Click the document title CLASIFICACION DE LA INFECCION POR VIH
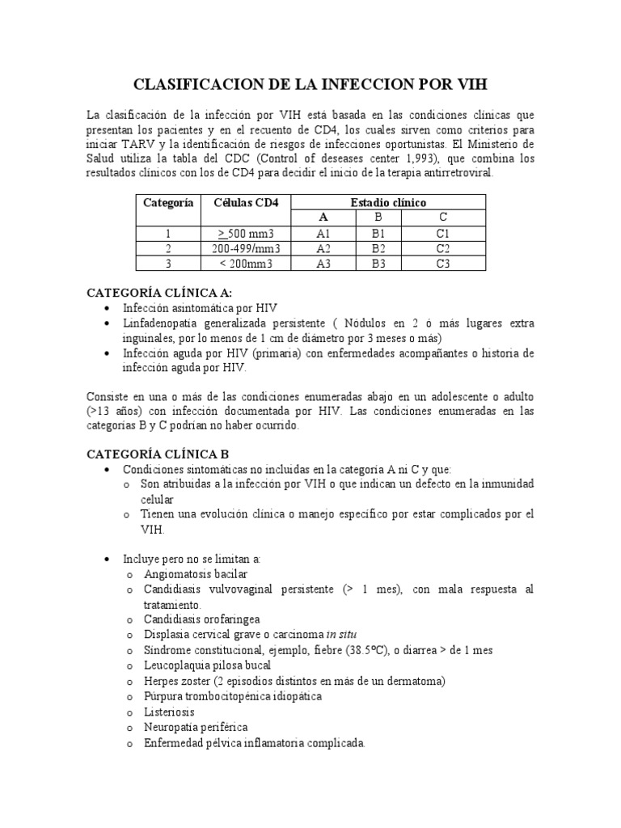point(310,85)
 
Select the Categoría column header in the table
point(168,203)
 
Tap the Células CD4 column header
point(246,203)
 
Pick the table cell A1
point(323,234)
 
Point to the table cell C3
point(442,263)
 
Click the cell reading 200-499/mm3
point(246,248)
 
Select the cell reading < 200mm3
point(246,263)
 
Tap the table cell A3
point(323,263)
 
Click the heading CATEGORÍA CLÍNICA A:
point(164,293)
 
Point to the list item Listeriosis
point(168,712)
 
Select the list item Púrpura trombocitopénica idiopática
point(233,696)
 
